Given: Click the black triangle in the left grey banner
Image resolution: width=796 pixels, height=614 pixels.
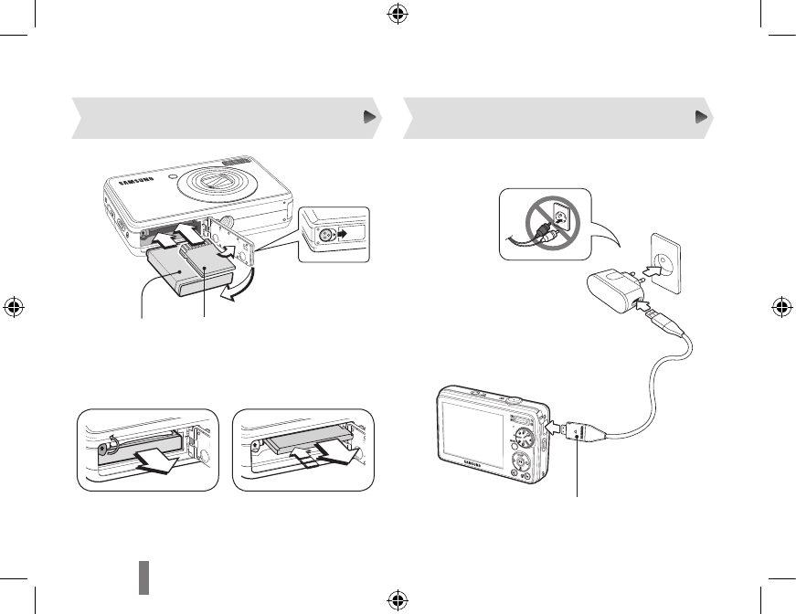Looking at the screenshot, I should point(367,118).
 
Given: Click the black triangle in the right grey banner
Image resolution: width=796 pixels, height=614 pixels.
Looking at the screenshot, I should point(701,118).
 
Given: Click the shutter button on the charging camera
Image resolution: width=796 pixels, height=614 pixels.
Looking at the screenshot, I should point(515,399).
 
